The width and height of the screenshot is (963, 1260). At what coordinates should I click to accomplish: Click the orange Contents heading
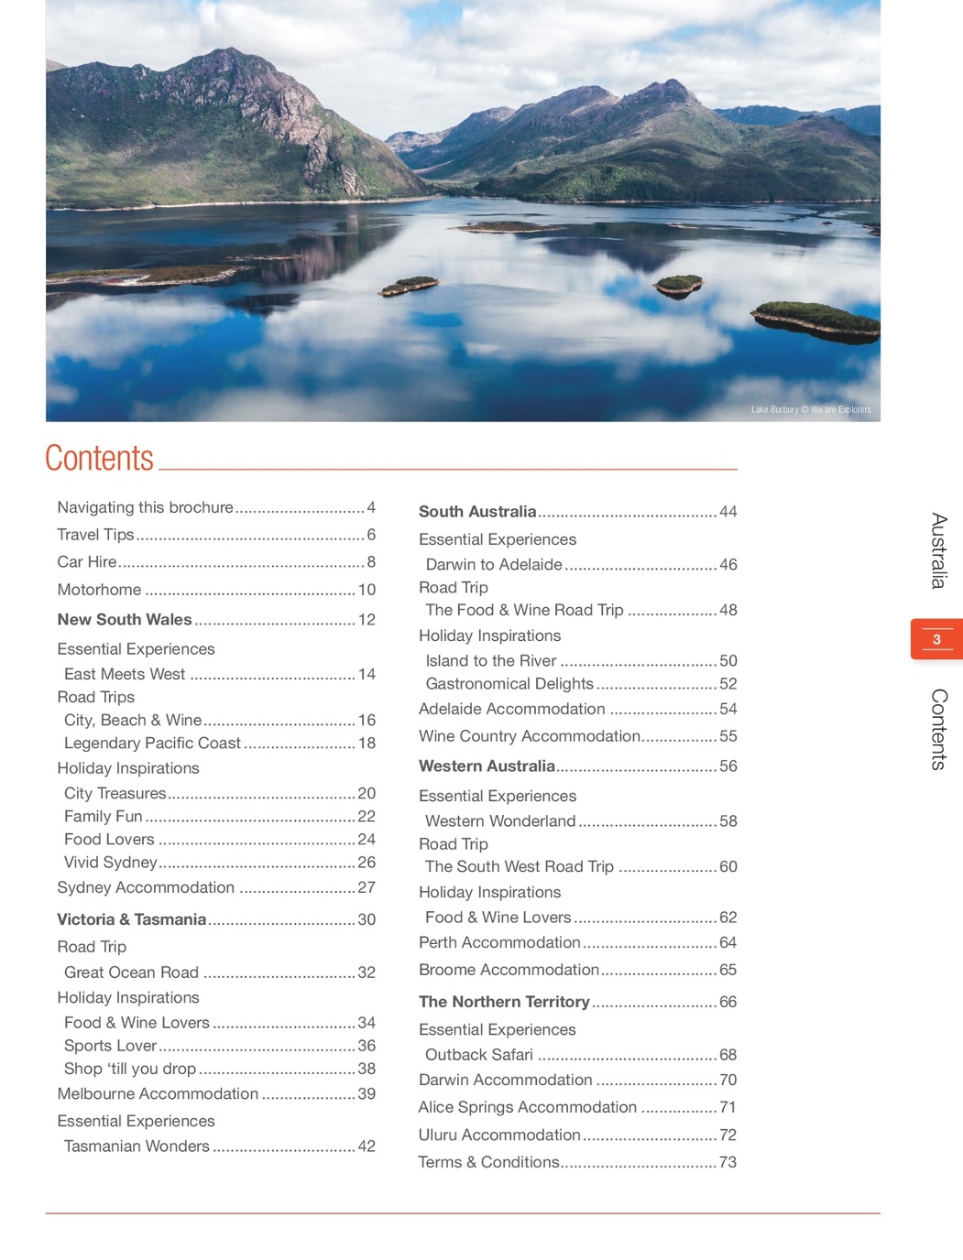pyautogui.click(x=99, y=458)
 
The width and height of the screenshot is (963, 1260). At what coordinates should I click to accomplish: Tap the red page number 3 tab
pyautogui.click(x=936, y=639)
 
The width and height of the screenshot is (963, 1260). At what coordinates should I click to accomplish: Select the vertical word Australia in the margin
pyautogui.click(x=938, y=550)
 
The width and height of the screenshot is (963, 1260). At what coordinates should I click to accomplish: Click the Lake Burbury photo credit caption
pyautogui.click(x=810, y=409)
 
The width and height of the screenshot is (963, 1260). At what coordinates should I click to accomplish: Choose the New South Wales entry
pyautogui.click(x=125, y=620)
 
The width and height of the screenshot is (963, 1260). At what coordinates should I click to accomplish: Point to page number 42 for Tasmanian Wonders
pyautogui.click(x=367, y=1146)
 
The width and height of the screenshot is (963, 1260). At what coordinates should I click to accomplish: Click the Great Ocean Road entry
pyautogui.click(x=131, y=972)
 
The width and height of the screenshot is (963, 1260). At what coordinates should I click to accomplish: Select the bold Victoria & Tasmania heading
pyautogui.click(x=131, y=919)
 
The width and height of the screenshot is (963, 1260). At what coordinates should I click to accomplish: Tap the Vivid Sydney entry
pyautogui.click(x=111, y=863)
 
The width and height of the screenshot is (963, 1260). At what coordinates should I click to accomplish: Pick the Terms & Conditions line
pyautogui.click(x=488, y=1162)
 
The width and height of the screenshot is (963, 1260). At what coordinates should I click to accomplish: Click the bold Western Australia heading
pyautogui.click(x=487, y=766)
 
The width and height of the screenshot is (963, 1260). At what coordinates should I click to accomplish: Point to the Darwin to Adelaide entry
pyautogui.click(x=494, y=565)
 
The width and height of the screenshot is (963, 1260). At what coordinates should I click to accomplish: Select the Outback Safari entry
pyautogui.click(x=479, y=1055)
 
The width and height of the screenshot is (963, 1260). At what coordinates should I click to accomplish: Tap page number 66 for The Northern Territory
pyautogui.click(x=728, y=1002)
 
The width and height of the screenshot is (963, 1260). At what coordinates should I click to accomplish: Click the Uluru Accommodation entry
pyautogui.click(x=499, y=1135)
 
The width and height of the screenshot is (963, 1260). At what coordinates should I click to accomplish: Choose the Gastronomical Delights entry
pyautogui.click(x=509, y=684)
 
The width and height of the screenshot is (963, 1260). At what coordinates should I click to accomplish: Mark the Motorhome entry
pyautogui.click(x=99, y=590)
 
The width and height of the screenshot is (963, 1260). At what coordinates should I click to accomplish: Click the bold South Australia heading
pyautogui.click(x=477, y=512)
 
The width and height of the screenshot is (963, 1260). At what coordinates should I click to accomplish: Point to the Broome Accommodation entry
pyautogui.click(x=509, y=970)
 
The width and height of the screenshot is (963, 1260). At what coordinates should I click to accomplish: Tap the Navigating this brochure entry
pyautogui.click(x=145, y=507)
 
